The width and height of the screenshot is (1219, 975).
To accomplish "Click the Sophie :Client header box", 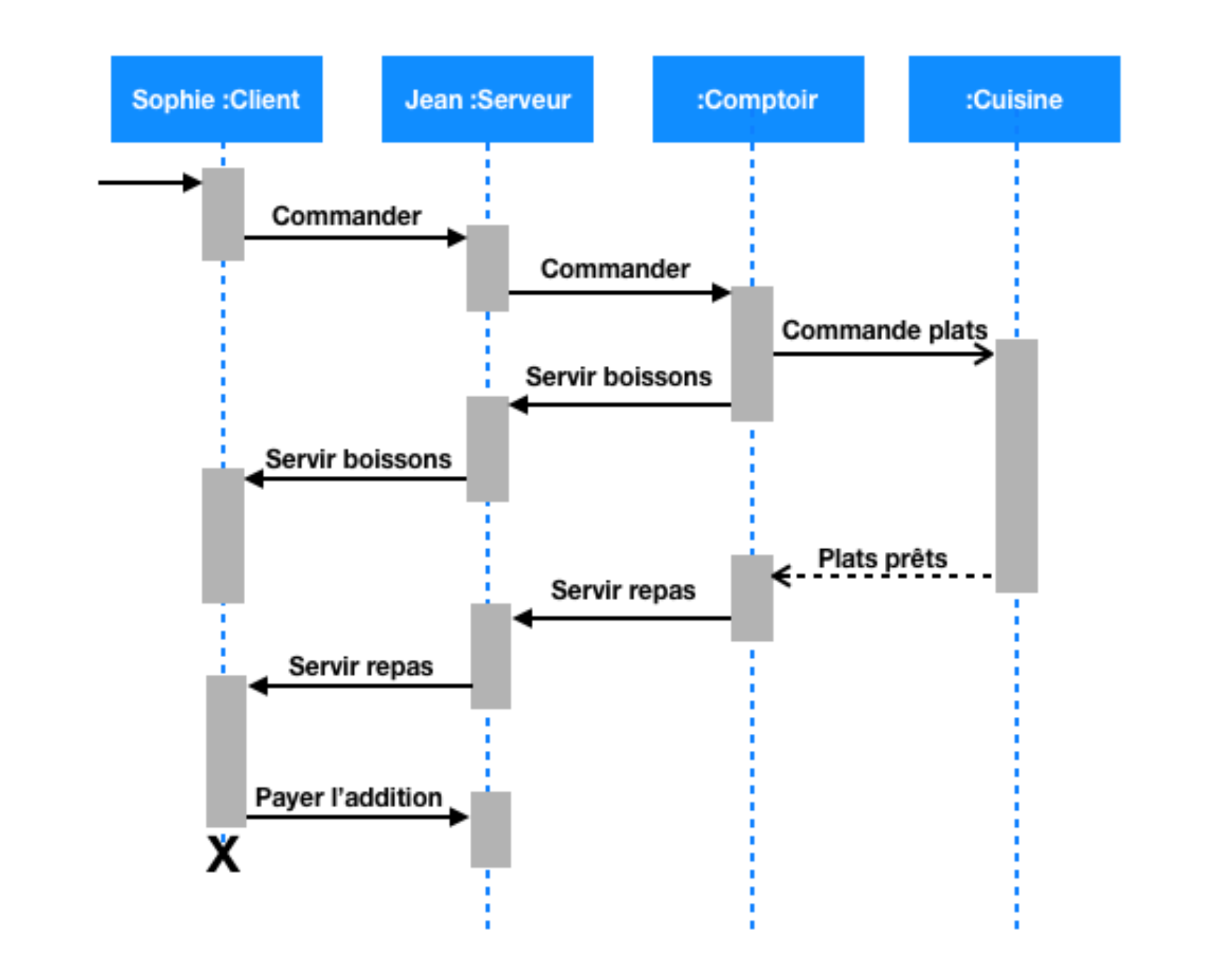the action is pos(216,99).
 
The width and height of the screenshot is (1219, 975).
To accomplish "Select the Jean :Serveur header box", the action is pos(487,99).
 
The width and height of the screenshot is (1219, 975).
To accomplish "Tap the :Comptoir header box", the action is pos(758,99).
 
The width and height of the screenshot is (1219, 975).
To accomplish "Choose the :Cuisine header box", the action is pos(1014,99).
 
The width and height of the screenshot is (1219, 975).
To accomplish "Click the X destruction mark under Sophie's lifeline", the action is pos(223,855).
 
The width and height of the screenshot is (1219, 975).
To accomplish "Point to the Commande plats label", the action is pos(884,330).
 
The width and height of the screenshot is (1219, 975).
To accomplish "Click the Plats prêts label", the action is pos(882,558).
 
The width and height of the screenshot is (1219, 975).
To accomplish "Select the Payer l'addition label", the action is pos(348,798).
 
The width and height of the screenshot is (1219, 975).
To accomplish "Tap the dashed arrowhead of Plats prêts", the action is pos(781,576).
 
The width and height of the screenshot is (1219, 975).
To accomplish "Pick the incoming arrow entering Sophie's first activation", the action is pos(150,183).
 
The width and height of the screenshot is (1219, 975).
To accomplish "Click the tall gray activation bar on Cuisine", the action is pos(1016,465).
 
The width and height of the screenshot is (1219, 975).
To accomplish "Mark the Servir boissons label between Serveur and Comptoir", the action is pos(618,377).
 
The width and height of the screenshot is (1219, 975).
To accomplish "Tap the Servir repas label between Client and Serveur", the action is pos(361,666).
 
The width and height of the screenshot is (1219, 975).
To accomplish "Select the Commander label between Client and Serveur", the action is pos(347,216).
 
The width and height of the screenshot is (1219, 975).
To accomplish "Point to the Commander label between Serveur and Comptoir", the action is pos(615,268).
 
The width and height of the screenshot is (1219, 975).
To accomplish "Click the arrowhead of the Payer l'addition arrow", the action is pos(459,817).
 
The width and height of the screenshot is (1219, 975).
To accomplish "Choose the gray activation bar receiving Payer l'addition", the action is pos(491,829).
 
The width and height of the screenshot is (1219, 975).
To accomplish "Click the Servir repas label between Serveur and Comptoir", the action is pos(623,590).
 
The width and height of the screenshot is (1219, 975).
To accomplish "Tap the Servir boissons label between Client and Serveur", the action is pos(358,459).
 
